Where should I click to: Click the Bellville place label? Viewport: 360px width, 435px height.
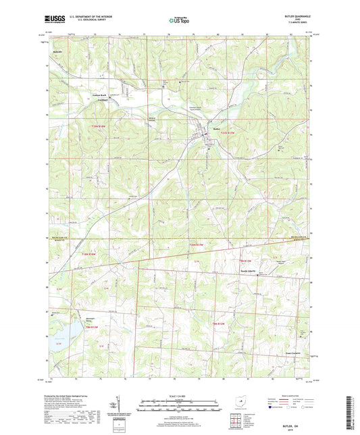(x=59, y=51)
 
